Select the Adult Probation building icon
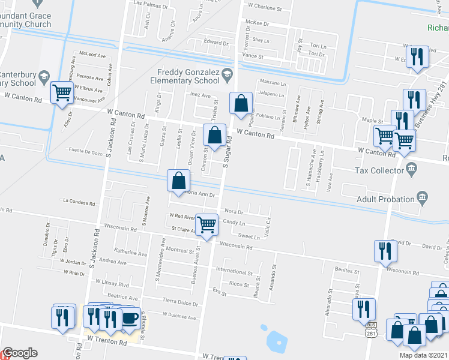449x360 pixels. [423, 197]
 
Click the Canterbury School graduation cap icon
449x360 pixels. [44, 76]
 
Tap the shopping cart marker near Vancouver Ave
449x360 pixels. [61, 92]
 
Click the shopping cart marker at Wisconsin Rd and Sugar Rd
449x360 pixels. [206, 225]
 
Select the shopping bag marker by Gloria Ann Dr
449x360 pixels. [179, 180]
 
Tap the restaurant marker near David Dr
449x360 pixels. [383, 251]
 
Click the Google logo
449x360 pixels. [20, 353]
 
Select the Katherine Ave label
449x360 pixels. [130, 253]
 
